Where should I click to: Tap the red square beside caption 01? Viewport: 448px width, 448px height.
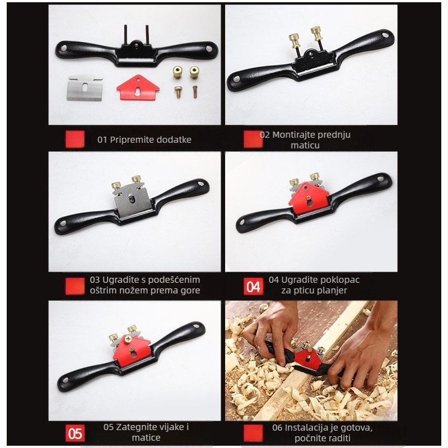tap(74, 139)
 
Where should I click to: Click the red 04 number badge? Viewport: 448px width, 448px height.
tap(254, 286)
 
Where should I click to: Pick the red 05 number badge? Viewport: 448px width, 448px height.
tap(74, 433)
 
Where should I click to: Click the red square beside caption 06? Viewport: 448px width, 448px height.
tap(254, 433)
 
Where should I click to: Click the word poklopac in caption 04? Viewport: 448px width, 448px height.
tap(340, 279)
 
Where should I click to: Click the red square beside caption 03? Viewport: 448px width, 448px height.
tap(74, 286)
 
